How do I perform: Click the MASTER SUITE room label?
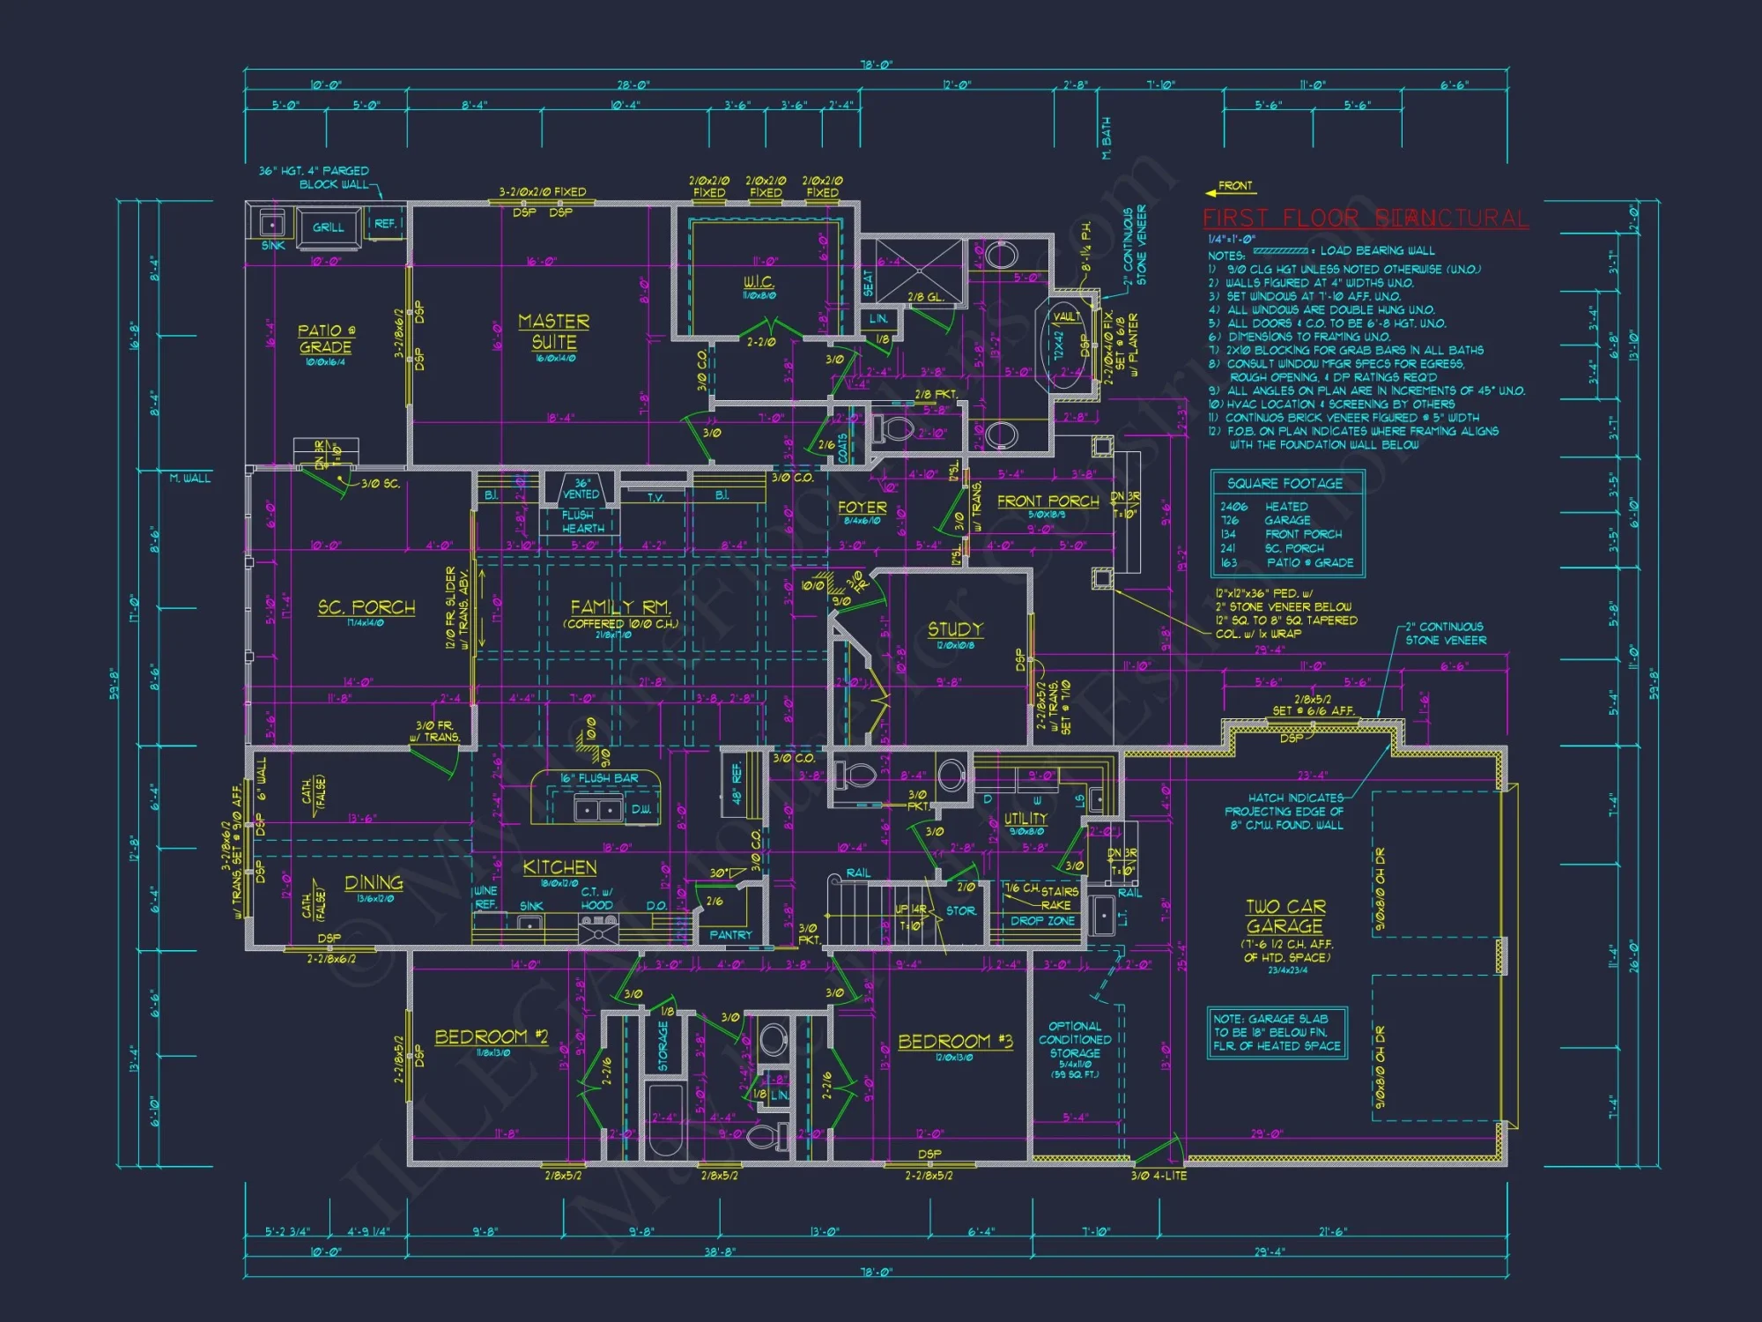tap(553, 332)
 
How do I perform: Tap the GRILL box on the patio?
tap(328, 227)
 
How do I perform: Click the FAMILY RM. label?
tap(620, 607)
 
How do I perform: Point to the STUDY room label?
tap(955, 629)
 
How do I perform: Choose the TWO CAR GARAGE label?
tap(1285, 917)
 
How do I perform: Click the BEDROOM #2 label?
tap(491, 1037)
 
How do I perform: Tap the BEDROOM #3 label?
tap(955, 1042)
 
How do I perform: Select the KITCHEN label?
tap(559, 867)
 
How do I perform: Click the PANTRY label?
tap(730, 935)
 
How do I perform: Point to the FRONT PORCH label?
tap(1048, 501)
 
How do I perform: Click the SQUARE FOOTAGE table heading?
tap(1284, 484)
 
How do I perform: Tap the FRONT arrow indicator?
tap(1230, 188)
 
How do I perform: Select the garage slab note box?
tap(1277, 1032)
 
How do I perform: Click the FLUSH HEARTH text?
tap(582, 522)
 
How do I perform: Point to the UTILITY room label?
tap(1025, 819)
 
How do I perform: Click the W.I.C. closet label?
tap(758, 282)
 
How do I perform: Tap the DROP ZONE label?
tap(1042, 921)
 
